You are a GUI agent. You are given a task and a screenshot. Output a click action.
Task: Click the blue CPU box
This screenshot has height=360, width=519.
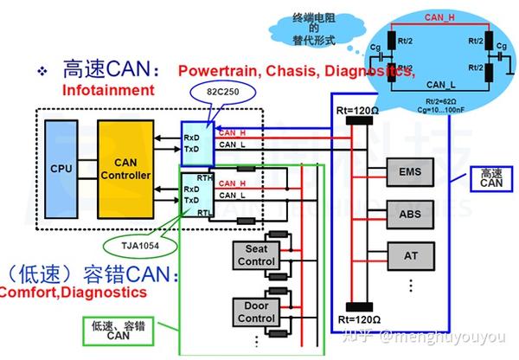[x=60, y=168]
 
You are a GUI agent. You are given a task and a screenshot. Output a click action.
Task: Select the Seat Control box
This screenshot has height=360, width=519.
[x=255, y=255]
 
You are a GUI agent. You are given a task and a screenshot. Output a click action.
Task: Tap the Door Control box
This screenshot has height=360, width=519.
[x=255, y=312]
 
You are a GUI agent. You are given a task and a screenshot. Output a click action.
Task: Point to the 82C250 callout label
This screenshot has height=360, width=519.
[x=220, y=90]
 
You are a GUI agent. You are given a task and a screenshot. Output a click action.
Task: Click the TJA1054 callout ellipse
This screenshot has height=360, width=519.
[x=139, y=246]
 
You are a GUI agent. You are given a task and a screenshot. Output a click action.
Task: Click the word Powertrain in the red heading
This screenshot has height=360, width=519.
[x=212, y=71]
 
